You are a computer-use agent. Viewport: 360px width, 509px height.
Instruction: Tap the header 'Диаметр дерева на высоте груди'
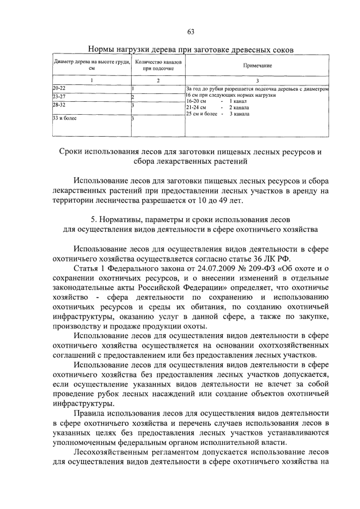click(92, 65)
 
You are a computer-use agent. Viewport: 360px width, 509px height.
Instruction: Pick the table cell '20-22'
click(59, 89)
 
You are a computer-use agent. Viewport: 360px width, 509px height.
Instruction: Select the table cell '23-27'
click(59, 97)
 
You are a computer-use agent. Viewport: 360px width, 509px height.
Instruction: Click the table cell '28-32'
click(59, 105)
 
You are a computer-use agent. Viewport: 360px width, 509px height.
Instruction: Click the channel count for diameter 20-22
click(133, 89)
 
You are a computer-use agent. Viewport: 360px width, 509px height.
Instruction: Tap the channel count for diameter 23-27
click(133, 97)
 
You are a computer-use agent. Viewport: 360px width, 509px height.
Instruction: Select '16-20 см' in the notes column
click(196, 101)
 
